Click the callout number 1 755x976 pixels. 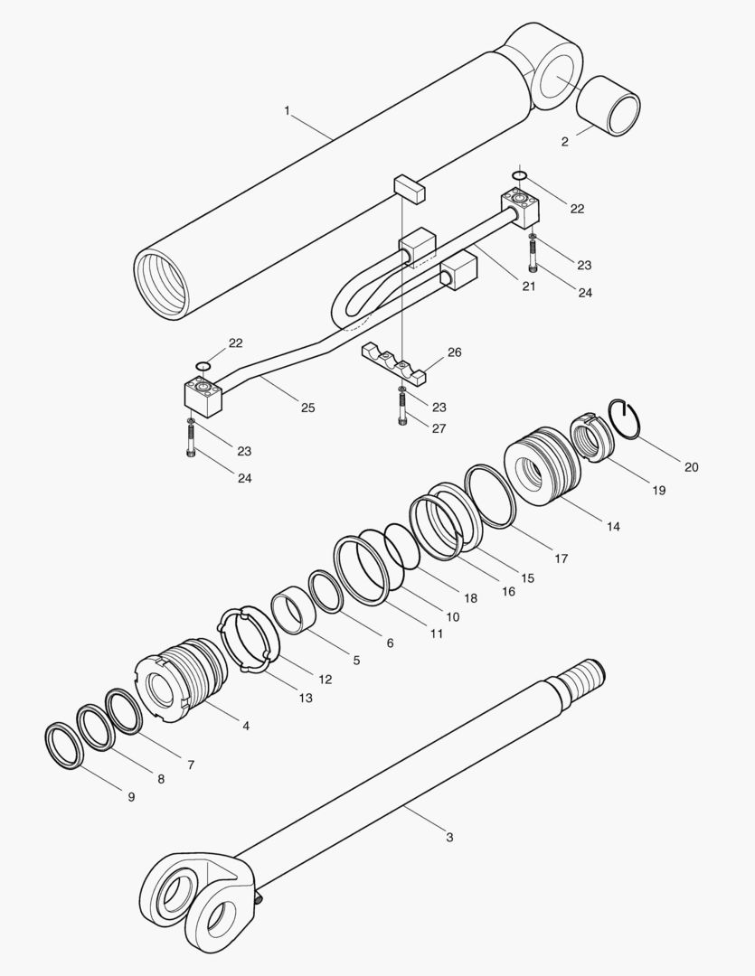287,110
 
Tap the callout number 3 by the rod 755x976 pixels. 449,837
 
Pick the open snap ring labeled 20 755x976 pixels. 628,418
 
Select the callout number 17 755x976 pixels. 561,558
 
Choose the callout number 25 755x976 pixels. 307,408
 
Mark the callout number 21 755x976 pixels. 528,286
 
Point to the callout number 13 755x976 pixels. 306,698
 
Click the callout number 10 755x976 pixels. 452,616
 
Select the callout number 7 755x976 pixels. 190,764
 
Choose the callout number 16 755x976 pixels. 508,591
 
